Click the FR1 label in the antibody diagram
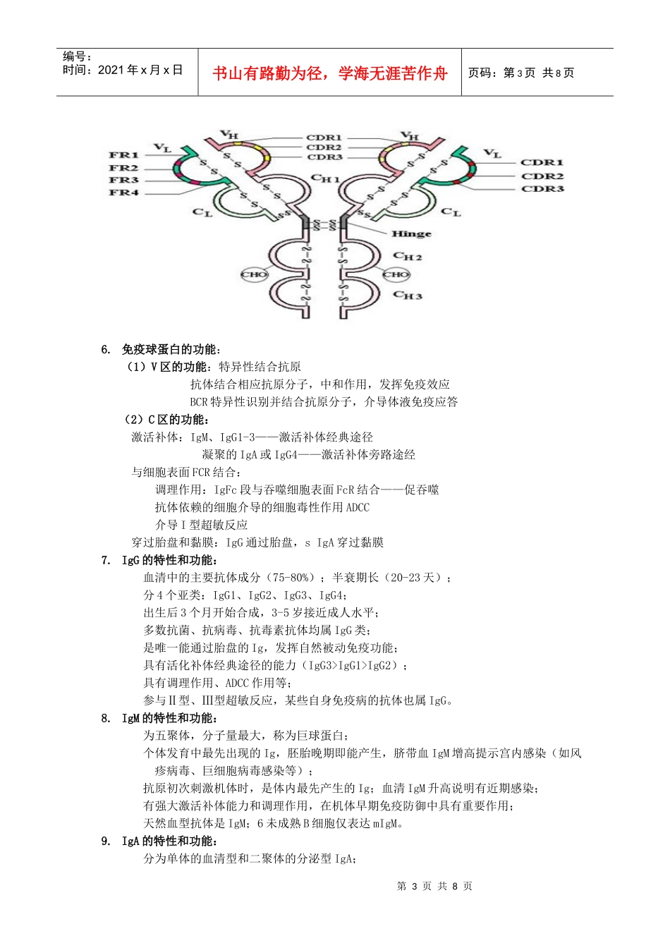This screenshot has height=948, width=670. click(123, 154)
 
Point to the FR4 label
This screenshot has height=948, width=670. click(123, 192)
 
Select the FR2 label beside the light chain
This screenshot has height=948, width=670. click(123, 168)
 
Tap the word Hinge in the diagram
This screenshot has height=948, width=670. click(411, 233)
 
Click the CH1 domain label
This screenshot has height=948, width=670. click(326, 179)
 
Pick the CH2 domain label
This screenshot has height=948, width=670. click(408, 257)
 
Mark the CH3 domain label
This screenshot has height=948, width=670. click(408, 295)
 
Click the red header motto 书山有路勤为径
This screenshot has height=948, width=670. click(329, 73)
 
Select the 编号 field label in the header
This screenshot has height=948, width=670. click(77, 56)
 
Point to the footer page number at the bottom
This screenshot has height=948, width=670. click(434, 886)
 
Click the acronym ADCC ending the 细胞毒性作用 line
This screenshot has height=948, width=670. click(358, 507)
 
